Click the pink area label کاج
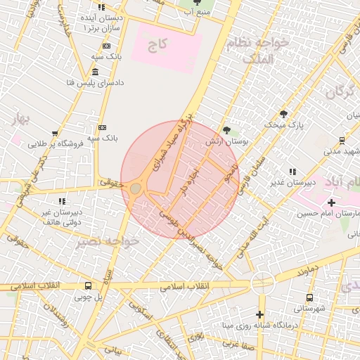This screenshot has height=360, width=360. click(158, 44)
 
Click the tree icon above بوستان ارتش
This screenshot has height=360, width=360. click(226, 130)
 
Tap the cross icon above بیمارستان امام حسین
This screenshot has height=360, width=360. click(331, 202)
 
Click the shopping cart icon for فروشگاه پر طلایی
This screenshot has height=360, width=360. click(55, 134)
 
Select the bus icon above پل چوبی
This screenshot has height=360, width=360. click(89, 286)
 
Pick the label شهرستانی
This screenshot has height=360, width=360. click(309, 308)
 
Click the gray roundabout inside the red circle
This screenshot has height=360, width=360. click(135, 189)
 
